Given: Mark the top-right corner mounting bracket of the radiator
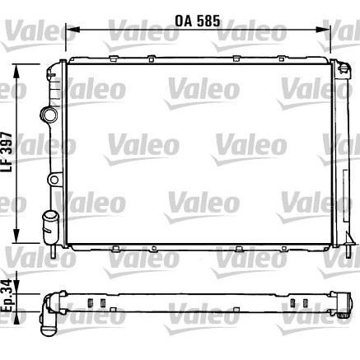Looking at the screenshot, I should (337, 64).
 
